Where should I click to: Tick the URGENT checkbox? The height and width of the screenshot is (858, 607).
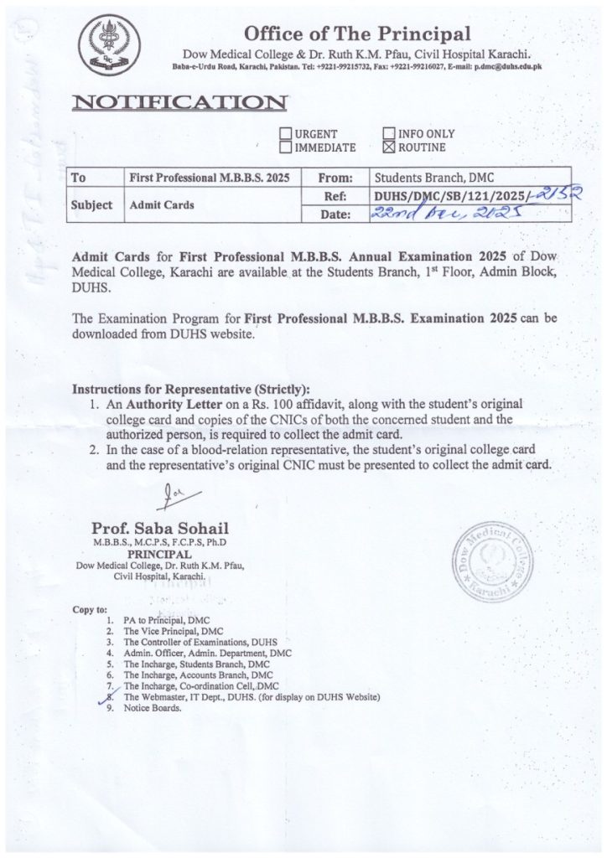point(285,134)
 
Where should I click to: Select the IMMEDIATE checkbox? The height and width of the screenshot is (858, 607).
point(285,148)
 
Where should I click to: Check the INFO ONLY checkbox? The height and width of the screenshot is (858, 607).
point(389,134)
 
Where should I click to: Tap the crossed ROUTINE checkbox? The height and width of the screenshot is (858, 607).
point(389,148)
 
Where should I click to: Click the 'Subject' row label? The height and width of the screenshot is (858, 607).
point(91,204)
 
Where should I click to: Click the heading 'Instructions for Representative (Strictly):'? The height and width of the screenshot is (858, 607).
point(192,390)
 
